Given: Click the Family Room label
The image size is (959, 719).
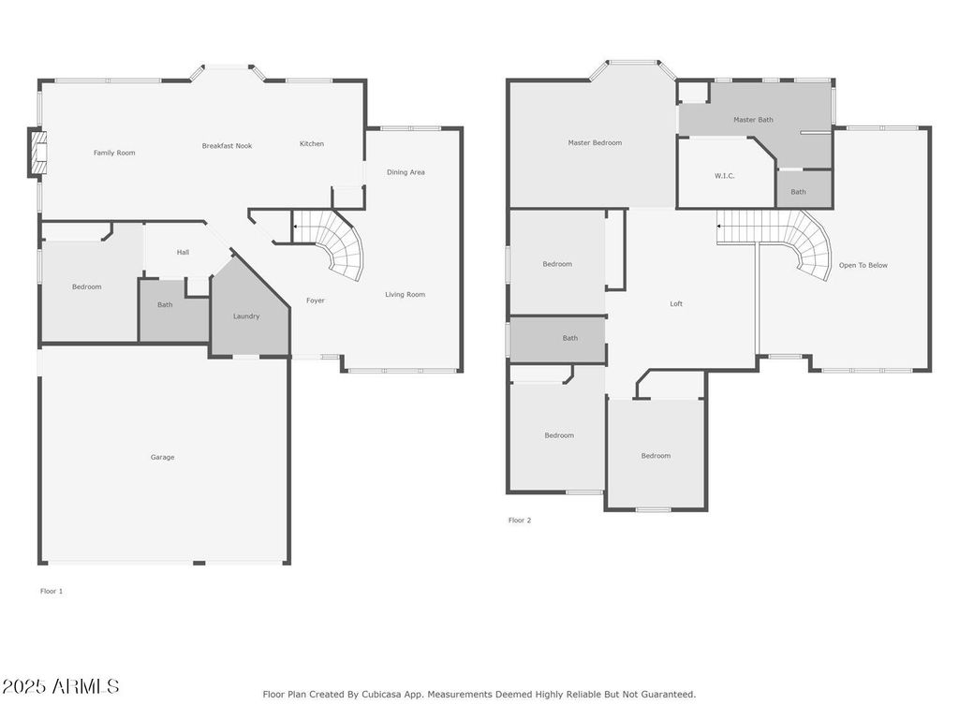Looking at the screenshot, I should pyautogui.click(x=114, y=153).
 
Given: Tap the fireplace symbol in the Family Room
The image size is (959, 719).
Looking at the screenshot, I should pyautogui.click(x=37, y=154).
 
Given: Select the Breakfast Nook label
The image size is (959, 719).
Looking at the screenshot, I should pyautogui.click(x=227, y=146).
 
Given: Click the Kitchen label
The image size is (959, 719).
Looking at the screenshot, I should pyautogui.click(x=312, y=144).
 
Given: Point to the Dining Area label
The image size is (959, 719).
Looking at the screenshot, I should pyautogui.click(x=406, y=172).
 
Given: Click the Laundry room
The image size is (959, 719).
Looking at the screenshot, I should pyautogui.click(x=246, y=316).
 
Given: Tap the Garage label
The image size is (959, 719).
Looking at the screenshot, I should pyautogui.click(x=162, y=458).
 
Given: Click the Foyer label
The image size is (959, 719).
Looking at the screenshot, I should pyautogui.click(x=316, y=301).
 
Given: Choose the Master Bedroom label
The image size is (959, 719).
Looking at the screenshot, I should pyautogui.click(x=595, y=143).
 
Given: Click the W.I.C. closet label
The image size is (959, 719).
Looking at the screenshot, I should pyautogui.click(x=725, y=176).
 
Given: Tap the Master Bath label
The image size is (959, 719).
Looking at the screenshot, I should pyautogui.click(x=753, y=120).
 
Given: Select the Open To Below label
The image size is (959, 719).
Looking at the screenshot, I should pyautogui.click(x=863, y=265).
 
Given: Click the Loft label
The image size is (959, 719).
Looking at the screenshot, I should pyautogui.click(x=676, y=303).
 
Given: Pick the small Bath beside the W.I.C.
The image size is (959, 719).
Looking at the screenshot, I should pyautogui.click(x=798, y=192).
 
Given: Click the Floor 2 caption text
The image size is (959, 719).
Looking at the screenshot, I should pyautogui.click(x=520, y=521).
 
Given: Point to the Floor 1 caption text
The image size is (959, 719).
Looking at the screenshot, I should pyautogui.click(x=52, y=592).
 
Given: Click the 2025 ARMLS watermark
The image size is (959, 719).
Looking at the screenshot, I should pyautogui.click(x=61, y=686).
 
